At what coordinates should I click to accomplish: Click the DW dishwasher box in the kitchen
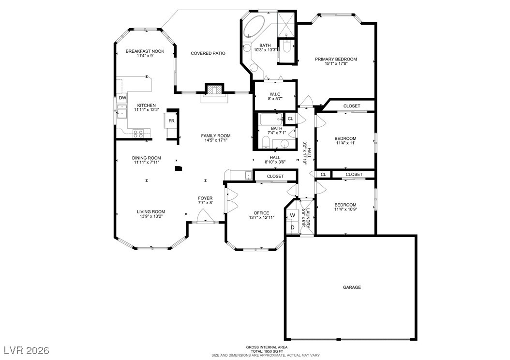click(122, 98)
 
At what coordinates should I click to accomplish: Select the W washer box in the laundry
click(292, 216)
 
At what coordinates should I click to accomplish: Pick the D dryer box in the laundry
click(292, 227)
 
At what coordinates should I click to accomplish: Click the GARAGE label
click(352, 287)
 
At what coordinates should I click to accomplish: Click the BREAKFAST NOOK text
click(145, 51)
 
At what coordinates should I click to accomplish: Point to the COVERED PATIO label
click(208, 53)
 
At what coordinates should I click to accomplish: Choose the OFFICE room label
click(261, 213)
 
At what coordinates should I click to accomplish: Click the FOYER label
click(205, 198)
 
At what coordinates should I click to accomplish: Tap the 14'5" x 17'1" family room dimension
click(215, 141)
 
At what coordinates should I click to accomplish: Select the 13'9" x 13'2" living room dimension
click(151, 216)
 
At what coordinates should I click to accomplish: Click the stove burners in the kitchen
click(138, 132)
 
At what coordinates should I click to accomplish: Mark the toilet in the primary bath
click(286, 47)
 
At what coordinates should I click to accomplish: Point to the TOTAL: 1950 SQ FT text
click(266, 351)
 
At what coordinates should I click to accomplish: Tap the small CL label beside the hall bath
click(290, 119)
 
